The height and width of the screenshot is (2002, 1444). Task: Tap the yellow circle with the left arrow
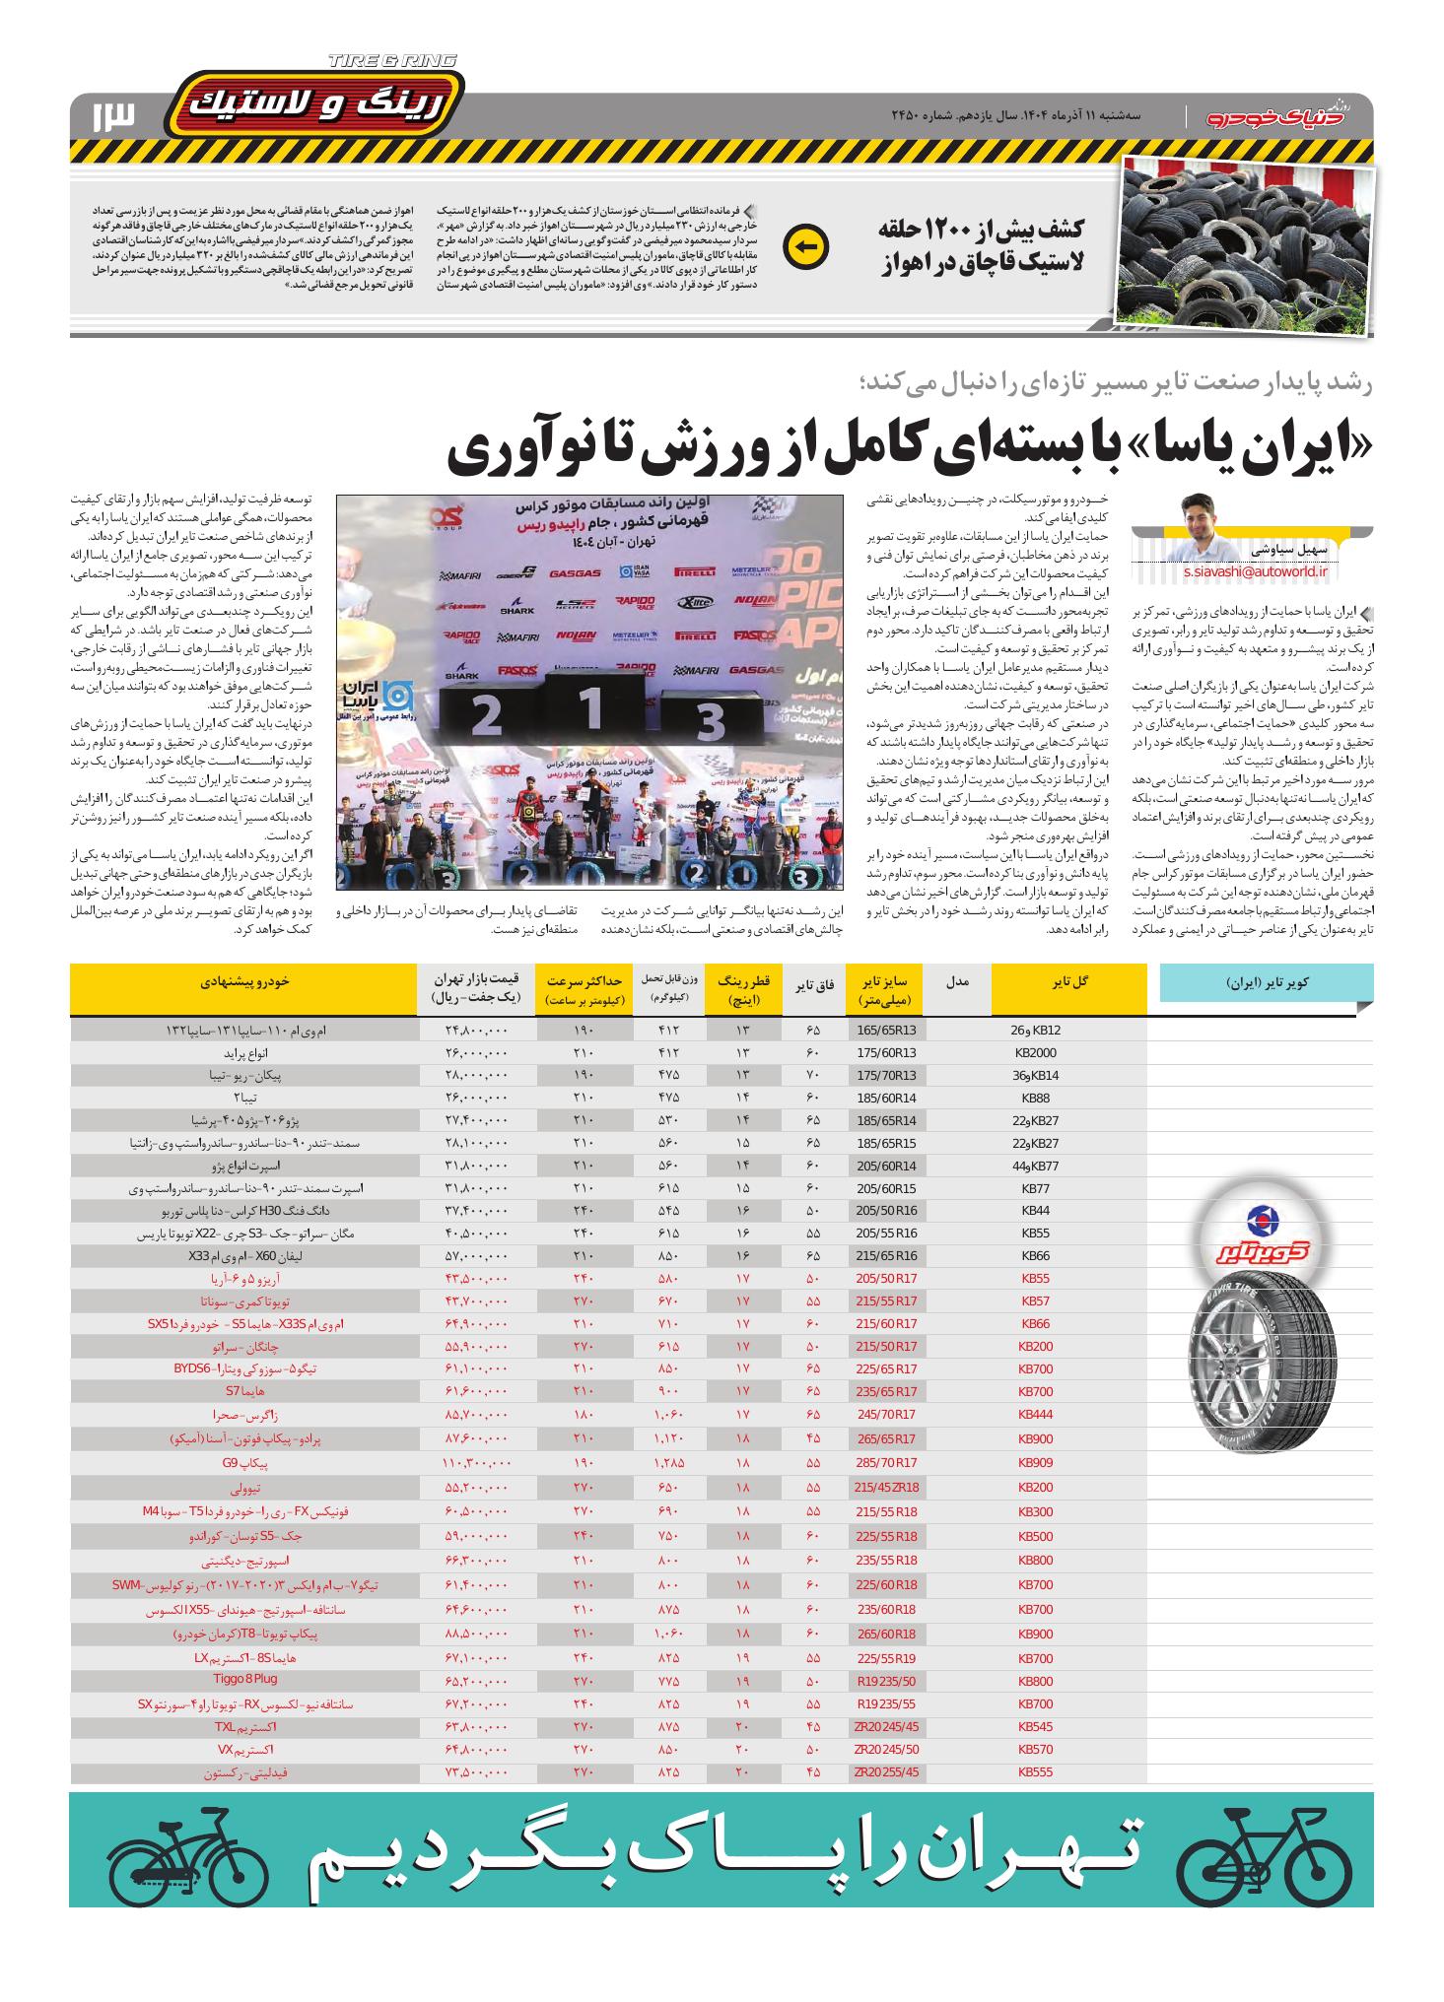coord(805,248)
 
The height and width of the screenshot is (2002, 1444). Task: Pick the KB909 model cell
coord(1035,1463)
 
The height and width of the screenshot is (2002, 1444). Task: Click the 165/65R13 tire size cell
coord(886,1030)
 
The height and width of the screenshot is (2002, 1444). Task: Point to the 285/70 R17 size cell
coord(886,1463)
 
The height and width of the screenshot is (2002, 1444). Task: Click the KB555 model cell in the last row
coord(1035,1770)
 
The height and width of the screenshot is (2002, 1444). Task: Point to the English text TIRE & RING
coord(392,61)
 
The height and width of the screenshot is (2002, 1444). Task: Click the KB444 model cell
coord(1035,1414)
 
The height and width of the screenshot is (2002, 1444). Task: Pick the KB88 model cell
coord(1035,1097)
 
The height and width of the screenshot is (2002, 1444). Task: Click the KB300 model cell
coord(1035,1510)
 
